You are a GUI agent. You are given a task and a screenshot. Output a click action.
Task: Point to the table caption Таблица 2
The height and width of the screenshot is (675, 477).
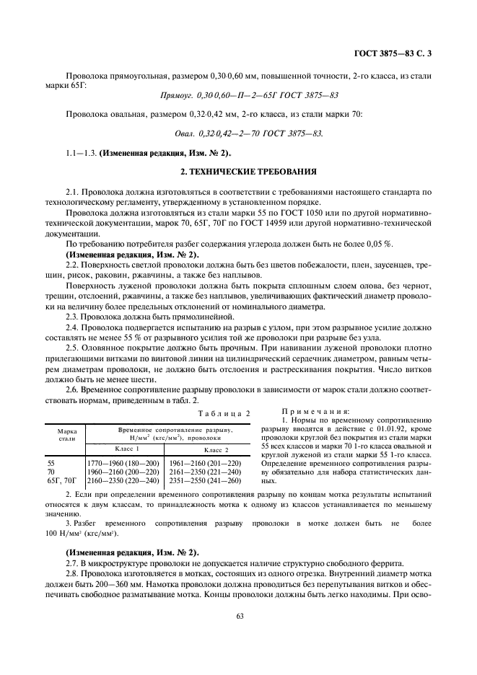click(x=223, y=413)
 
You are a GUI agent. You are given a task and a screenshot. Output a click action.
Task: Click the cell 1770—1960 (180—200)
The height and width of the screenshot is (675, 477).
click(x=123, y=463)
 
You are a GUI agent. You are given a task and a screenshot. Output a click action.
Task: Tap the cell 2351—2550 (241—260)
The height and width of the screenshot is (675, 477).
click(x=204, y=480)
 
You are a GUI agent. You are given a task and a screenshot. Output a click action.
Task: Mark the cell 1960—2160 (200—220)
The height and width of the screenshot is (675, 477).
click(x=123, y=472)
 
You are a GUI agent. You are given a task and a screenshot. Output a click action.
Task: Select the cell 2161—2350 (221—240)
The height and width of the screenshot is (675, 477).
click(x=204, y=472)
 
